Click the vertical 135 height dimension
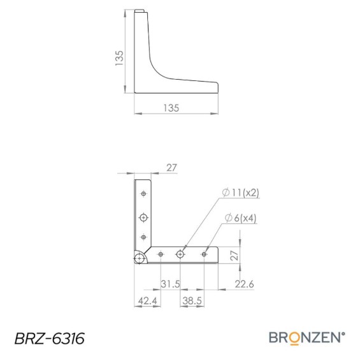tap(119, 58)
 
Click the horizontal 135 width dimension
tap(171, 108)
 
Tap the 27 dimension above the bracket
tap(171, 168)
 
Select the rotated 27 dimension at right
tap(234, 255)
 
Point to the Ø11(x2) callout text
tap(241, 193)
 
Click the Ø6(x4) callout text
tap(240, 217)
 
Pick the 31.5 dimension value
tap(170, 284)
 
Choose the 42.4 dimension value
tap(147, 300)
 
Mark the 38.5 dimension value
tap(192, 300)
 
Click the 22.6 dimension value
tap(244, 284)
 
